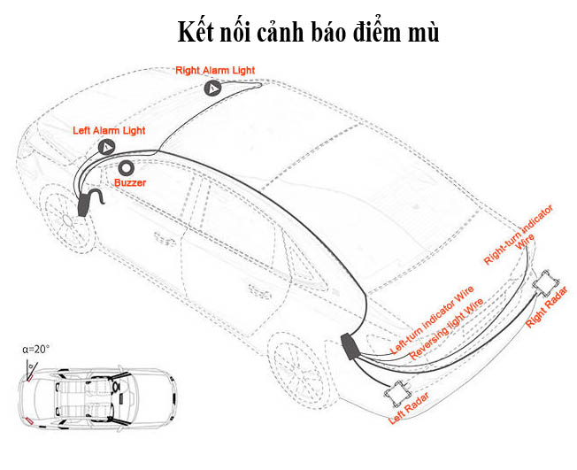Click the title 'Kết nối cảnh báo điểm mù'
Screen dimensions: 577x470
[x=307, y=33]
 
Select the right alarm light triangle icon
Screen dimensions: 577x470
[x=213, y=89]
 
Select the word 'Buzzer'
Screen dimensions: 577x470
[x=130, y=182]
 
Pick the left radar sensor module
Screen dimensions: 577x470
[x=397, y=387]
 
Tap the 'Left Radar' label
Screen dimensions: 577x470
[x=410, y=407]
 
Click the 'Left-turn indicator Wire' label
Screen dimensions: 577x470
[x=433, y=320]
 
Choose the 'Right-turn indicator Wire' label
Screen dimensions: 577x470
[x=522, y=235]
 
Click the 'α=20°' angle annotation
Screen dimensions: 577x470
[x=36, y=349]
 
